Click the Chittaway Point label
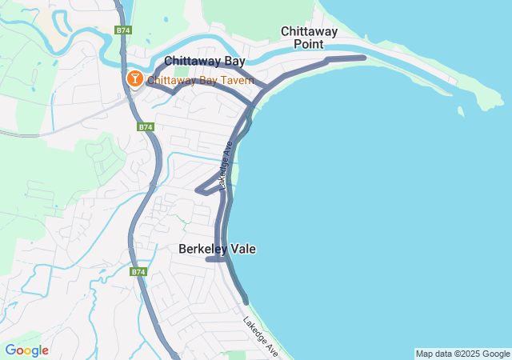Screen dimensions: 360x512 [x=309, y=38]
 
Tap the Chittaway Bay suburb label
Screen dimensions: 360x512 [x=204, y=61]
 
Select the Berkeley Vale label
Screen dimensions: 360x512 [x=217, y=249]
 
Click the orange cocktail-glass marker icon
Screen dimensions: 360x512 [x=134, y=78]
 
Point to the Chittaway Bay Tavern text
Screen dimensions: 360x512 [x=201, y=80]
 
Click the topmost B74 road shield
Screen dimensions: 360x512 [x=122, y=30]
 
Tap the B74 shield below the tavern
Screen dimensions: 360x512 [x=145, y=126]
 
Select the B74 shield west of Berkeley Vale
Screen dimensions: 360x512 [x=138, y=272]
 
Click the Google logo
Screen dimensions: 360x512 [x=26, y=350]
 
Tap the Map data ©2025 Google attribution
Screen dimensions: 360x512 [x=462, y=354]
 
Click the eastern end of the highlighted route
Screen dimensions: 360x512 [x=364, y=58]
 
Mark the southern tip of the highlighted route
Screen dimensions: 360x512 [x=245, y=302]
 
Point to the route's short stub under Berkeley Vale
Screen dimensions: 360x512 [x=213, y=259]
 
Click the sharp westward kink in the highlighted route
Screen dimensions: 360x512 [x=198, y=190]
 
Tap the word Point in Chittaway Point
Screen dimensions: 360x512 [x=309, y=44]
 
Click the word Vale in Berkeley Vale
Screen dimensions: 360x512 [x=242, y=249]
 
